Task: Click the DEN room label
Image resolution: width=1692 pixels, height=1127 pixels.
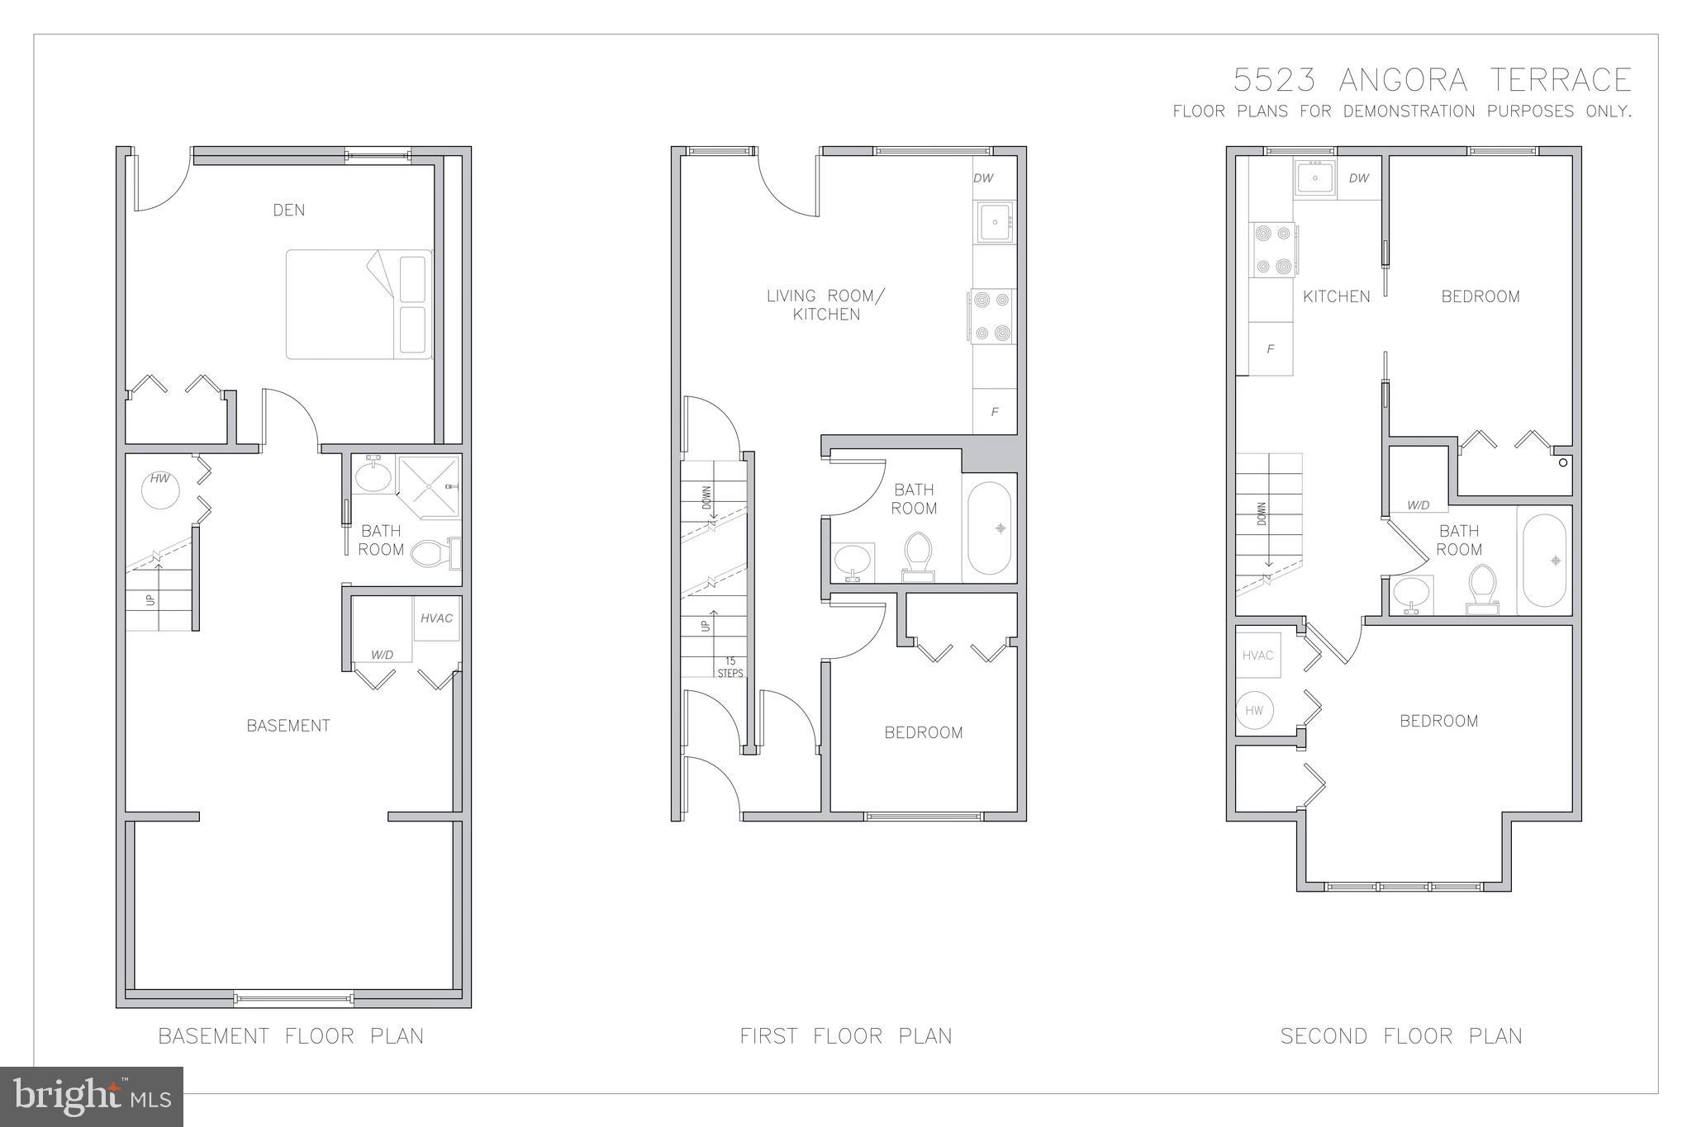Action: pos(288,210)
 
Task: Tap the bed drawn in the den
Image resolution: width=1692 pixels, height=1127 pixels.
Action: pos(359,305)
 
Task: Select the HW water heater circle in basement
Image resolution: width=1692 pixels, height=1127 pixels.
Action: pos(160,489)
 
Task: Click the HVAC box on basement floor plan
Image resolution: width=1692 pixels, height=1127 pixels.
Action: pos(436,618)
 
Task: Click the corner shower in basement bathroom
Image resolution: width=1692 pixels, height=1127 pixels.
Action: pos(429,486)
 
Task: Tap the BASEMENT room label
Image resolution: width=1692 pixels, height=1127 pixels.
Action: pos(288,726)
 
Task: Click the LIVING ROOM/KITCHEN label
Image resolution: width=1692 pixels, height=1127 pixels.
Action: pos(825,305)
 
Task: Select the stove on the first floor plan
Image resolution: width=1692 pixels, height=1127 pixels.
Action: pos(992,315)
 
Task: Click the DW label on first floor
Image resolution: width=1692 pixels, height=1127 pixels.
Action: pos(983,178)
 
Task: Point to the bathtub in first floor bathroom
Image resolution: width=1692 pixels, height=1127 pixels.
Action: pos(989,528)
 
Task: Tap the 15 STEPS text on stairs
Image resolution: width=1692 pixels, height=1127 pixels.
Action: pos(730,667)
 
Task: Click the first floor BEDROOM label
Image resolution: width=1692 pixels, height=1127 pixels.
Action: pos(923,732)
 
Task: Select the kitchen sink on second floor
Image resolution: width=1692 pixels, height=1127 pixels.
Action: pos(1315,178)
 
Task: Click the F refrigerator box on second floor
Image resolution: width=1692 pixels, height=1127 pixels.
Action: pos(1271,349)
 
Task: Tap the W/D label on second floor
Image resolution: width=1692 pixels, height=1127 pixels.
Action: pos(1418,505)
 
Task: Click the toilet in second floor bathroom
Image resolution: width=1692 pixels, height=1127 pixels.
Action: pos(1483,588)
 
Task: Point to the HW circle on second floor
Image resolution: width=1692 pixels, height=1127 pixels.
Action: pos(1255,710)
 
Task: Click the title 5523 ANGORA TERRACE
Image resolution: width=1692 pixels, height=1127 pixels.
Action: pos(1432,80)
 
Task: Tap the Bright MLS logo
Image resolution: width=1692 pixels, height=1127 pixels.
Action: pos(92,1096)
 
